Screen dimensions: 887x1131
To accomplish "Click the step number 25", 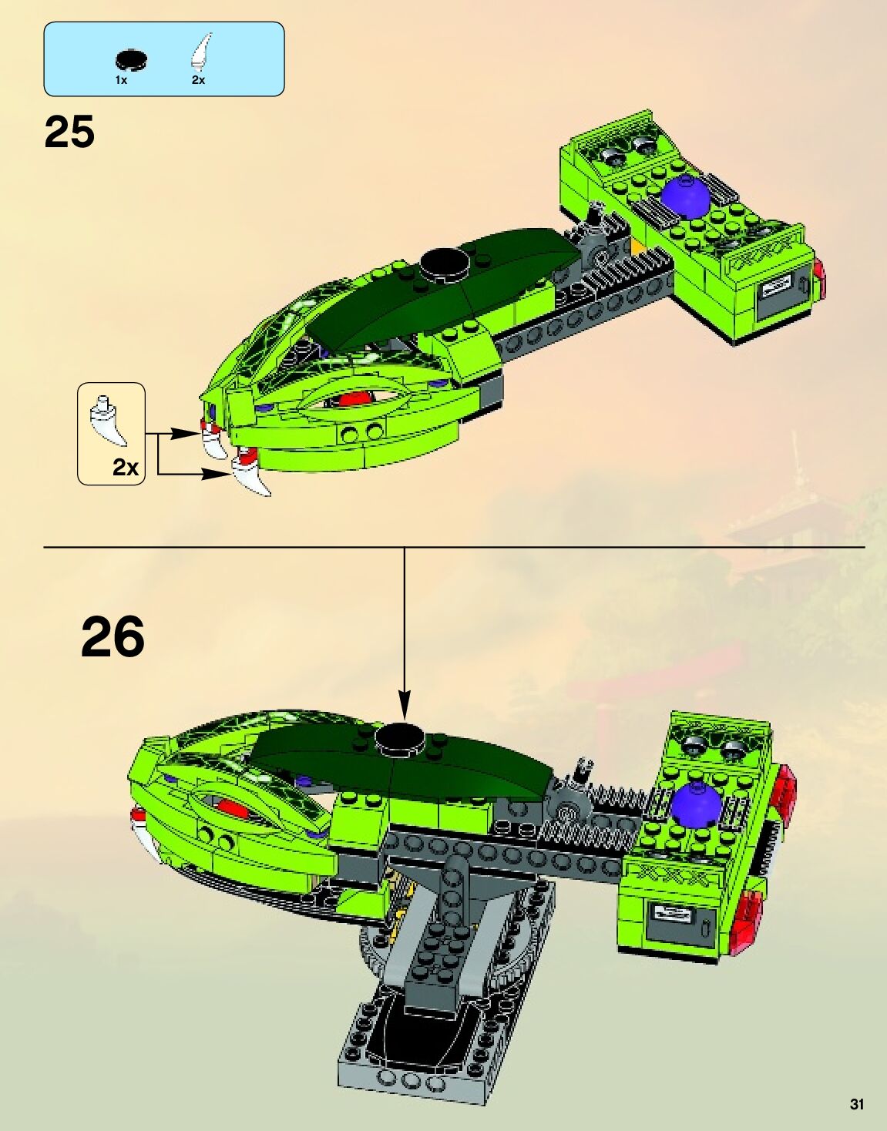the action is (69, 133).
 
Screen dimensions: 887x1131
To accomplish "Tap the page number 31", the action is (857, 1104).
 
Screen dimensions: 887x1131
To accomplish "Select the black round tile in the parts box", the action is (131, 59).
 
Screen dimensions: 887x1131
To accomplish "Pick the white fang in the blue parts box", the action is (201, 52).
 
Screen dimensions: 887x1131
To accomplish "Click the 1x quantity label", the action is (121, 80).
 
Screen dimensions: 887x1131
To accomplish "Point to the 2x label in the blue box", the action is (198, 80).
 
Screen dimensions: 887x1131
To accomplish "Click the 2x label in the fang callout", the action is (125, 467).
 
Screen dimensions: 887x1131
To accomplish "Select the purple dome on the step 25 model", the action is (686, 197).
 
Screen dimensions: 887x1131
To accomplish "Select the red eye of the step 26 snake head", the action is (232, 807).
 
